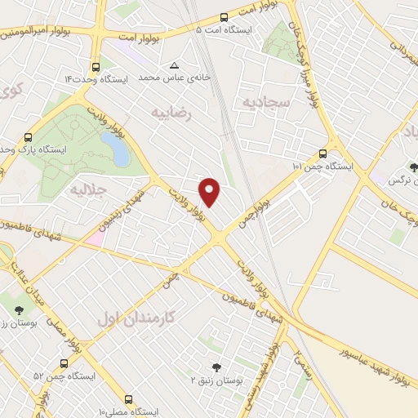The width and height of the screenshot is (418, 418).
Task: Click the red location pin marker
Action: click(211, 191)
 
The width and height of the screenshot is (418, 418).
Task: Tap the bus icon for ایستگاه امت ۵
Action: click(225, 16)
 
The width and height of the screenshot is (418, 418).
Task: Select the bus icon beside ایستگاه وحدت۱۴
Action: click(96, 67)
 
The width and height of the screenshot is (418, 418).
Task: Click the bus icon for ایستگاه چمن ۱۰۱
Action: click(322, 153)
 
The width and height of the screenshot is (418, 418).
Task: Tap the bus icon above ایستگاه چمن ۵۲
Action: click(64, 362)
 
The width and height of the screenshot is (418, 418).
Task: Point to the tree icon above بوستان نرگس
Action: click(413, 167)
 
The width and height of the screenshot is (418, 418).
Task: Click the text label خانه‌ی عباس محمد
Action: click(174, 78)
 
